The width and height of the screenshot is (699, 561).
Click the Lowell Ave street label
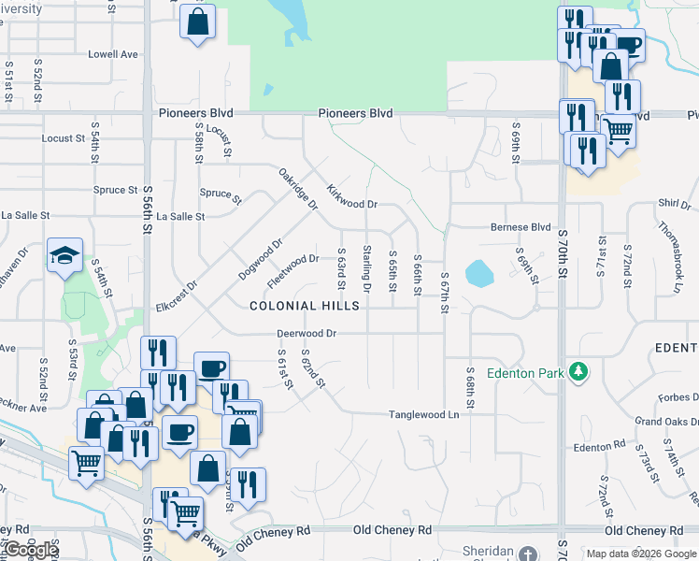point(113,55)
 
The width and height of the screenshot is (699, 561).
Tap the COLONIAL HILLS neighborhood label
point(305,306)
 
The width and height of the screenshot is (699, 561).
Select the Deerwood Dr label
point(306,333)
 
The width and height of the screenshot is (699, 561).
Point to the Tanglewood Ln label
point(424,414)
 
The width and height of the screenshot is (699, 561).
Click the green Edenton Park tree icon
point(579,372)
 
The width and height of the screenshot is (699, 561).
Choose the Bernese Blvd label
point(521,227)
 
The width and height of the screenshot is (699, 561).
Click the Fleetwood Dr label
point(293,270)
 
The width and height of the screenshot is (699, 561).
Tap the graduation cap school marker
point(65,256)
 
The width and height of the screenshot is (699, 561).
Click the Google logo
point(31,550)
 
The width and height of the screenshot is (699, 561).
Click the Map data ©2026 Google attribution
point(640,554)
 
